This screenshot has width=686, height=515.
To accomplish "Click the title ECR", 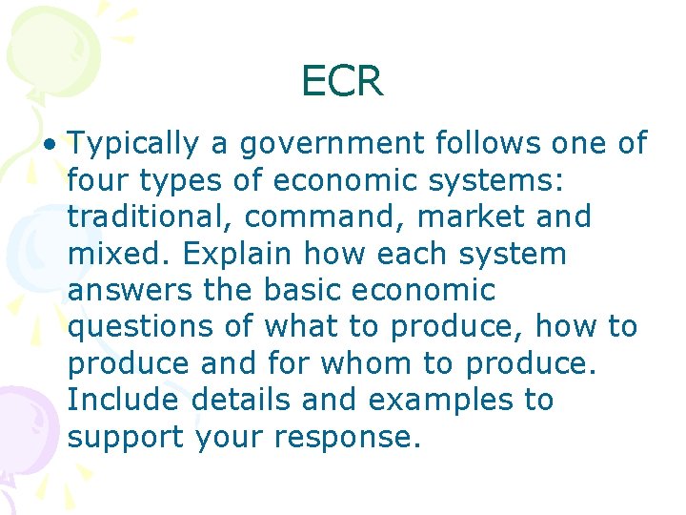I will click(x=342, y=81).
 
